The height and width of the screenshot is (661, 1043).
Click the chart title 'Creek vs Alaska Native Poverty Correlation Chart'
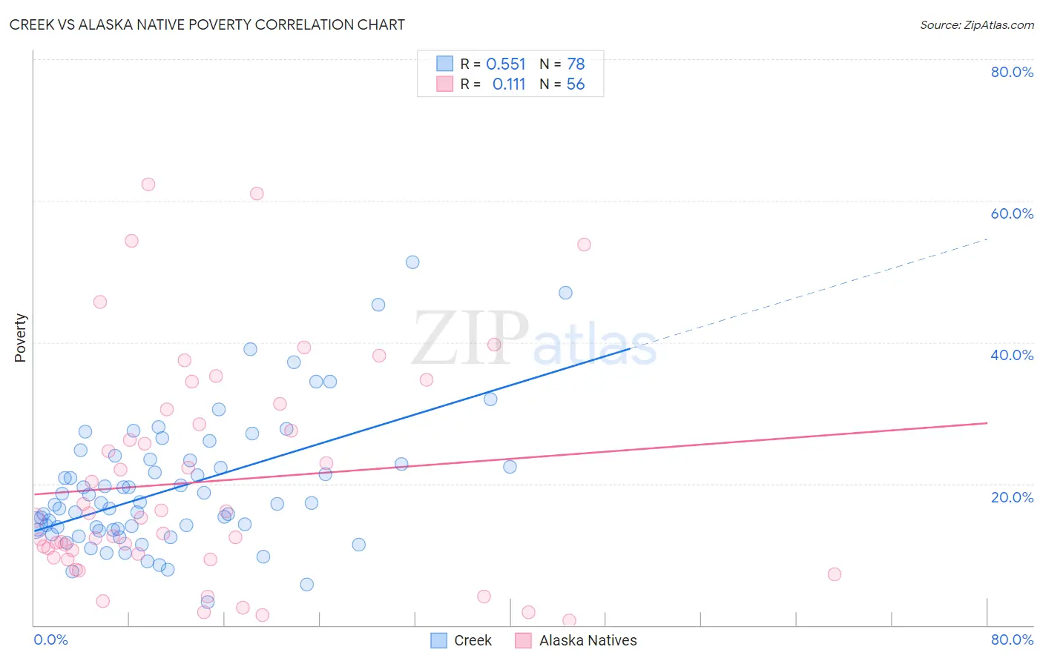pos(207,24)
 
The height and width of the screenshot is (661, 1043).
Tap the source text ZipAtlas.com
pos(976,24)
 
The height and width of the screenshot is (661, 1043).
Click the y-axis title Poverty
pos(20,338)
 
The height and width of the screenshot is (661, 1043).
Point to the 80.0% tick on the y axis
pos(1012,72)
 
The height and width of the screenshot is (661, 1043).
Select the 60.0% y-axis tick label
pos(1012,213)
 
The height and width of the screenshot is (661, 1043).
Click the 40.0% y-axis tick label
pos(1012,355)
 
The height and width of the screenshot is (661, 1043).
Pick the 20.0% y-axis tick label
pos(1012,496)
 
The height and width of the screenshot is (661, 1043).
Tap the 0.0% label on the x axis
pos(50,640)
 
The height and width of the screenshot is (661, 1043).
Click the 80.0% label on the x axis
pos(1012,640)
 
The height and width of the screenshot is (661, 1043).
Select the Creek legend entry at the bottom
pos(461,640)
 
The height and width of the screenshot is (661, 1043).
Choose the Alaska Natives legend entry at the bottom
pos(576,640)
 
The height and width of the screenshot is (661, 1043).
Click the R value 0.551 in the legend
pos(506,64)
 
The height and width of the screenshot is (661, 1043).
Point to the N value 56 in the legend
pos(576,84)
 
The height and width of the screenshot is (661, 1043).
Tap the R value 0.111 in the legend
pos(509,84)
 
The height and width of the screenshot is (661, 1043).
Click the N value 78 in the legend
pos(576,64)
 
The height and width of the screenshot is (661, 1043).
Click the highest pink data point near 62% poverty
pos(148,185)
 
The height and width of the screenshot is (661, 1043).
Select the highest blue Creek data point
pos(412,262)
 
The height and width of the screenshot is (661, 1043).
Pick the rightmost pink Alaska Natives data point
pos(835,574)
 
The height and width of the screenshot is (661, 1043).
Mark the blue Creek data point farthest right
pos(565,293)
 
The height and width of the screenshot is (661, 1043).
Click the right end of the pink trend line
pos(987,423)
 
